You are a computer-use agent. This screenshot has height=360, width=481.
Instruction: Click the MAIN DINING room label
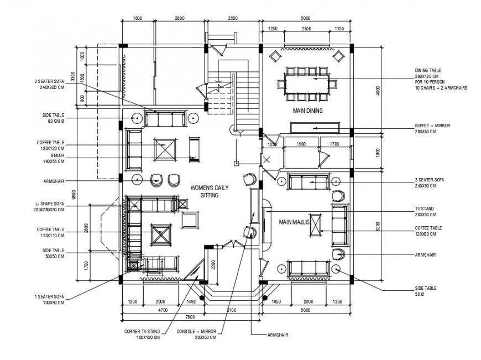(307, 111)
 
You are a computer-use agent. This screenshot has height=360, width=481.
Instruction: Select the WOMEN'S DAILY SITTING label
(205, 191)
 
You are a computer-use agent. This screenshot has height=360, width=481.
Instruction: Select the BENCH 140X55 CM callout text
(50, 159)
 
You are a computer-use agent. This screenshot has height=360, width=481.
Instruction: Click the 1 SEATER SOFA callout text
(49, 300)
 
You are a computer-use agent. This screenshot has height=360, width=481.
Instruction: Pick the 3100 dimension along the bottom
(231, 310)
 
